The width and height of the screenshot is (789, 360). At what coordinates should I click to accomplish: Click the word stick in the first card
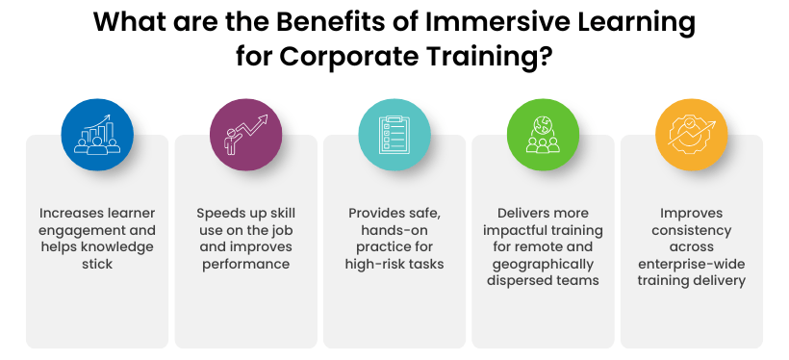click(x=97, y=263)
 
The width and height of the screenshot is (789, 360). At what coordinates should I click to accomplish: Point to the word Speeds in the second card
click(x=221, y=212)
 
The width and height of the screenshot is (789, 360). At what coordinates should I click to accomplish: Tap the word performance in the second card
click(x=245, y=263)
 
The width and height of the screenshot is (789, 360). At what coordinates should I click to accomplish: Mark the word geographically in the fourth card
click(x=543, y=263)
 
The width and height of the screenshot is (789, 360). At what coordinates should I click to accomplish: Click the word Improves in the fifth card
click(x=691, y=212)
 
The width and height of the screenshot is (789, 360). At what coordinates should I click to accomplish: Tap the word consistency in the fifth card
click(x=691, y=229)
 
